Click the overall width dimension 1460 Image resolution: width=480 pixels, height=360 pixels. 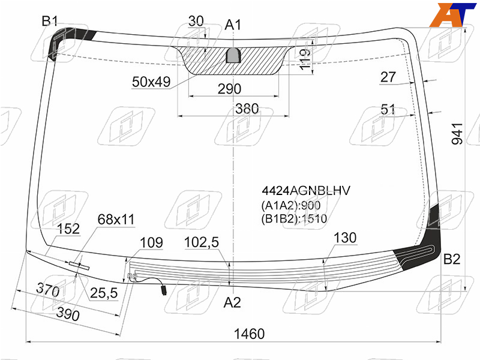(x=249, y=334)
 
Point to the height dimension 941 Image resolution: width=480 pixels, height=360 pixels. (x=457, y=134)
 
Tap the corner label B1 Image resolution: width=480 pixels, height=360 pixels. (x=50, y=22)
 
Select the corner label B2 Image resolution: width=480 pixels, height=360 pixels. (x=452, y=259)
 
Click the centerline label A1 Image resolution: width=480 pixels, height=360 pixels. (x=233, y=25)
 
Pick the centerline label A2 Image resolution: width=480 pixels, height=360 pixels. (x=232, y=302)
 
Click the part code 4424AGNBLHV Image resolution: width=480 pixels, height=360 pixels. (x=306, y=191)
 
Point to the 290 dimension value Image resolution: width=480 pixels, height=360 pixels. (x=229, y=89)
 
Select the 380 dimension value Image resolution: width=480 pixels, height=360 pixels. (x=247, y=109)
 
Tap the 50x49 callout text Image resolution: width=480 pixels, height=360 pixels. (x=151, y=82)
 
